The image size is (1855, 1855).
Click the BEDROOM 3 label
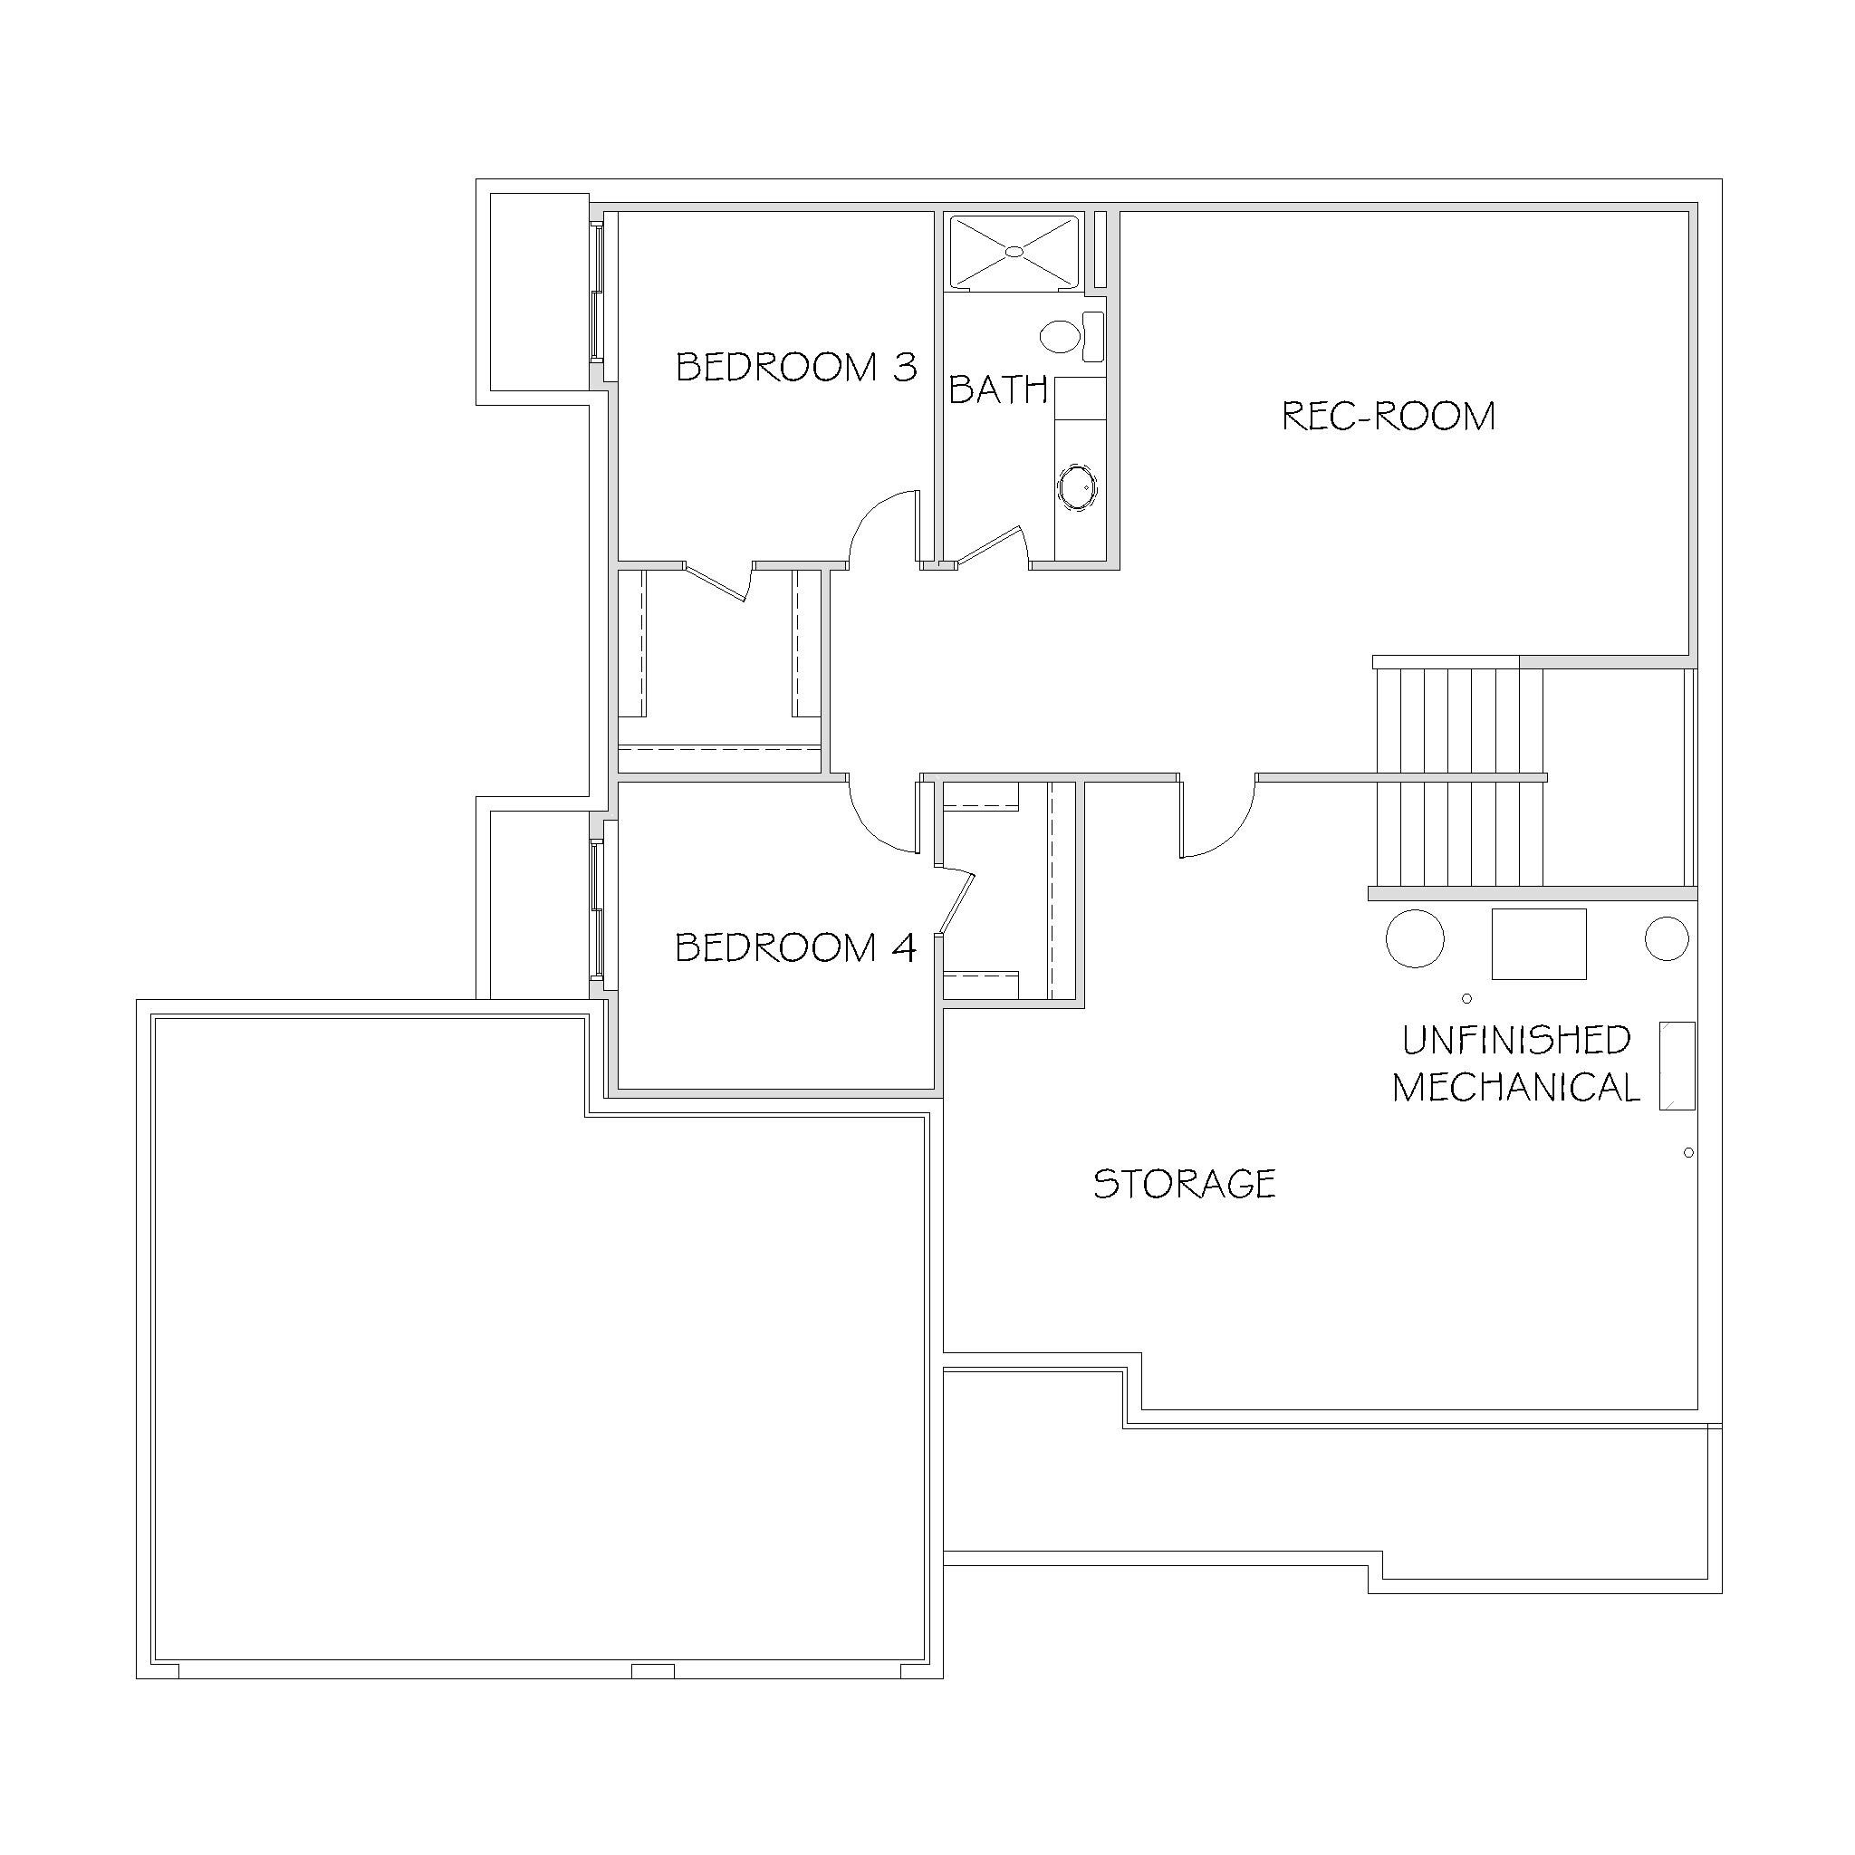(x=796, y=367)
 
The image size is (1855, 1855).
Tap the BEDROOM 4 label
(x=795, y=947)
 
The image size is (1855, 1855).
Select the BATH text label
(x=997, y=389)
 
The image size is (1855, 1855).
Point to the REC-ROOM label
(x=1389, y=416)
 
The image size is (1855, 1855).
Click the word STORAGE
(x=1184, y=1183)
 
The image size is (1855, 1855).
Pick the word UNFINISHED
(x=1516, y=1040)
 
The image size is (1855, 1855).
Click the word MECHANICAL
(x=1516, y=1088)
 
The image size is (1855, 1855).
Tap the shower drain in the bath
(x=1014, y=252)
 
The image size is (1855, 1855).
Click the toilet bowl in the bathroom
(x=1060, y=336)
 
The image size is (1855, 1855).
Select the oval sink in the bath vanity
(x=1077, y=488)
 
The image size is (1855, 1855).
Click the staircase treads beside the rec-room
(x=1459, y=776)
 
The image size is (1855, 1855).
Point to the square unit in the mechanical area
(x=1538, y=944)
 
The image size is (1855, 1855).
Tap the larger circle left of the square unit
(x=1416, y=938)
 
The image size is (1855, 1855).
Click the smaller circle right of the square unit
(x=1667, y=938)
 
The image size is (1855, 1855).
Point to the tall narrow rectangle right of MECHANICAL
(x=1677, y=1066)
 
